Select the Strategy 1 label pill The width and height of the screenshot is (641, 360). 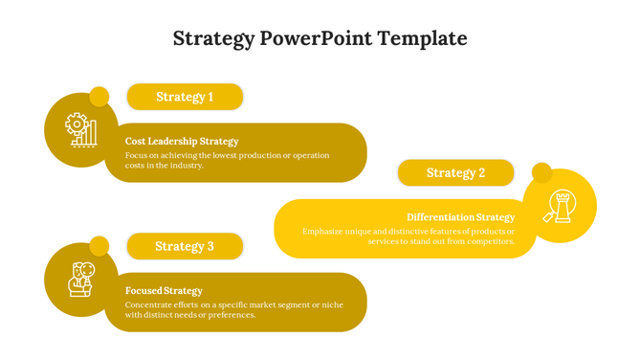[185, 97]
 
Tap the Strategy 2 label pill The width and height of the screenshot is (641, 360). [455, 173]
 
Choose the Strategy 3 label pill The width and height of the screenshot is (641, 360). [185, 246]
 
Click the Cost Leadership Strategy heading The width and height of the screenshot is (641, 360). [182, 142]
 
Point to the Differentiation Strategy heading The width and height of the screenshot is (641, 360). [460, 217]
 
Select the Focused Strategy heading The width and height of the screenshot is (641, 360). [164, 291]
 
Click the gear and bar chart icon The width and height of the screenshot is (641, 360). [81, 129]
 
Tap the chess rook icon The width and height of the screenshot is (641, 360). [559, 206]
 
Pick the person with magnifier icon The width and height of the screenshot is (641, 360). [81, 279]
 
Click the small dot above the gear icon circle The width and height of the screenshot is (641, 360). [99, 97]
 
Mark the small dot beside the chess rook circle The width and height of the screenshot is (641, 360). [542, 173]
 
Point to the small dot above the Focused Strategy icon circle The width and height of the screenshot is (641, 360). [99, 246]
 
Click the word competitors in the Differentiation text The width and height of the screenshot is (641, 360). [488, 242]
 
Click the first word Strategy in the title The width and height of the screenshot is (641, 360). [213, 39]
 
